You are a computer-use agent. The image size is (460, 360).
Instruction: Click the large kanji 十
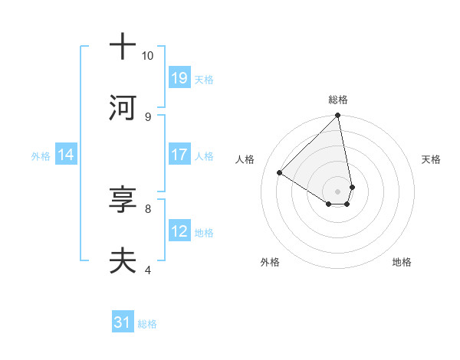click(123, 46)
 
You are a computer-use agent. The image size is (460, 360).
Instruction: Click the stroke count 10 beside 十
click(147, 56)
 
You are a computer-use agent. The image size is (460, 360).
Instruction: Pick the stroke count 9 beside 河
click(147, 116)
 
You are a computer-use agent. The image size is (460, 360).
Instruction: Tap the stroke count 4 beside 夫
click(147, 270)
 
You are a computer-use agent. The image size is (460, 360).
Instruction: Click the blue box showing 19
click(179, 77)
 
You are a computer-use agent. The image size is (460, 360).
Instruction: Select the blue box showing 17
click(179, 154)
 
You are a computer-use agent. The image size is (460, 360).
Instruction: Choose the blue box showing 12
click(179, 231)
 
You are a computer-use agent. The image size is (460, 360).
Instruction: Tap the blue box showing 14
click(66, 155)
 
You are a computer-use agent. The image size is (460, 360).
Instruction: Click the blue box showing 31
click(123, 322)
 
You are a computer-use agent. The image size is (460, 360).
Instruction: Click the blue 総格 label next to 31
click(147, 324)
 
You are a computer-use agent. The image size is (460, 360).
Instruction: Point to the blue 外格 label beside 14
click(41, 155)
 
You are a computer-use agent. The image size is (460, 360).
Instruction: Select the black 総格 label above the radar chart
click(338, 100)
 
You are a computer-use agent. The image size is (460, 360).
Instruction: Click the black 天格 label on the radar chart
click(431, 159)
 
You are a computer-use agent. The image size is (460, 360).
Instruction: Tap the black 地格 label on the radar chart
click(402, 262)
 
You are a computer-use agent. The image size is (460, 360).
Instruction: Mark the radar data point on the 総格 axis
click(338, 116)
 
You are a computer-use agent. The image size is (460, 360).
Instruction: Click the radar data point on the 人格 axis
click(280, 173)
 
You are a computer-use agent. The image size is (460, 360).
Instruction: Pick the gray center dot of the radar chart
click(338, 191)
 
